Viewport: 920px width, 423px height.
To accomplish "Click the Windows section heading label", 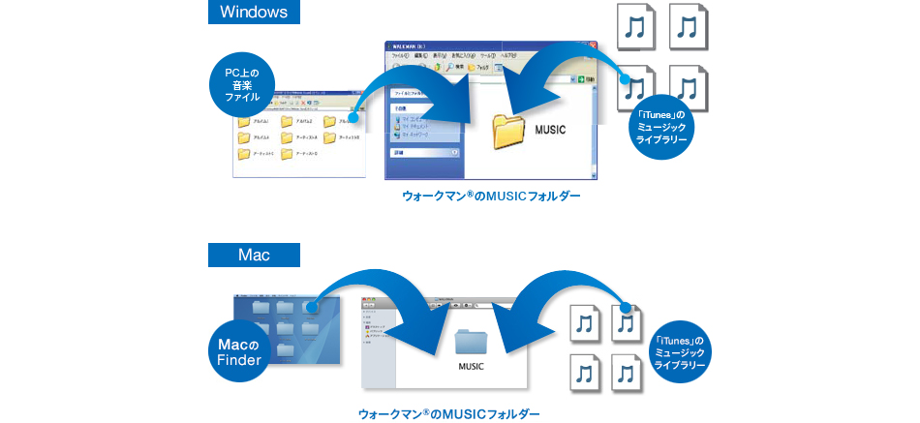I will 254,13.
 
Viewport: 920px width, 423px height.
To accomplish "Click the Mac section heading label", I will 254,256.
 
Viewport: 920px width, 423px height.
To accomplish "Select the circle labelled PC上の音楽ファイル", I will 243,84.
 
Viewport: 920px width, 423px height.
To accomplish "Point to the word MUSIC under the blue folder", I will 472,368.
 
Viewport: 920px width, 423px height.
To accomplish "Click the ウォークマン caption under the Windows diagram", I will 491,196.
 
